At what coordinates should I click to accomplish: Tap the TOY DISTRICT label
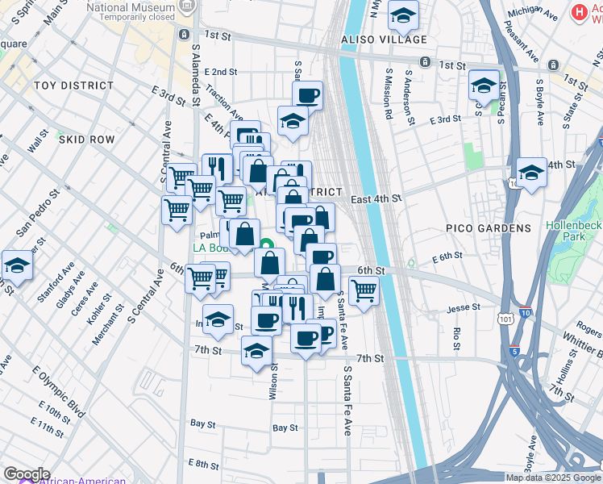74,86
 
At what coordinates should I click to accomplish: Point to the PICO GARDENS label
489,228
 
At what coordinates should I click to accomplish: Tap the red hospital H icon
578,12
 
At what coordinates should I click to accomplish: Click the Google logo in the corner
27,474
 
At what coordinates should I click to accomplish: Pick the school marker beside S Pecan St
484,86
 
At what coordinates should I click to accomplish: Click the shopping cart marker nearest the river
364,289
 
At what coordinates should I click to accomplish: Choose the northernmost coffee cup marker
307,95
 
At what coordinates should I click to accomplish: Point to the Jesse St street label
464,307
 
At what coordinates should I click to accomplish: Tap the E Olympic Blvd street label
58,394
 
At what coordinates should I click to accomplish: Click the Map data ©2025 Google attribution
553,478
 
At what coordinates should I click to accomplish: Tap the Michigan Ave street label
534,15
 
